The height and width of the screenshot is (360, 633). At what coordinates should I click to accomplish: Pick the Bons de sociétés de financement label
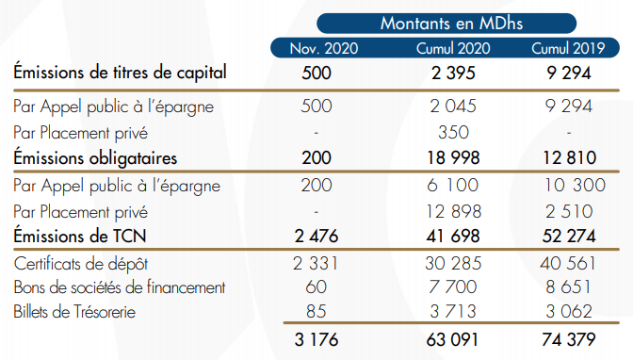(119, 286)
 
